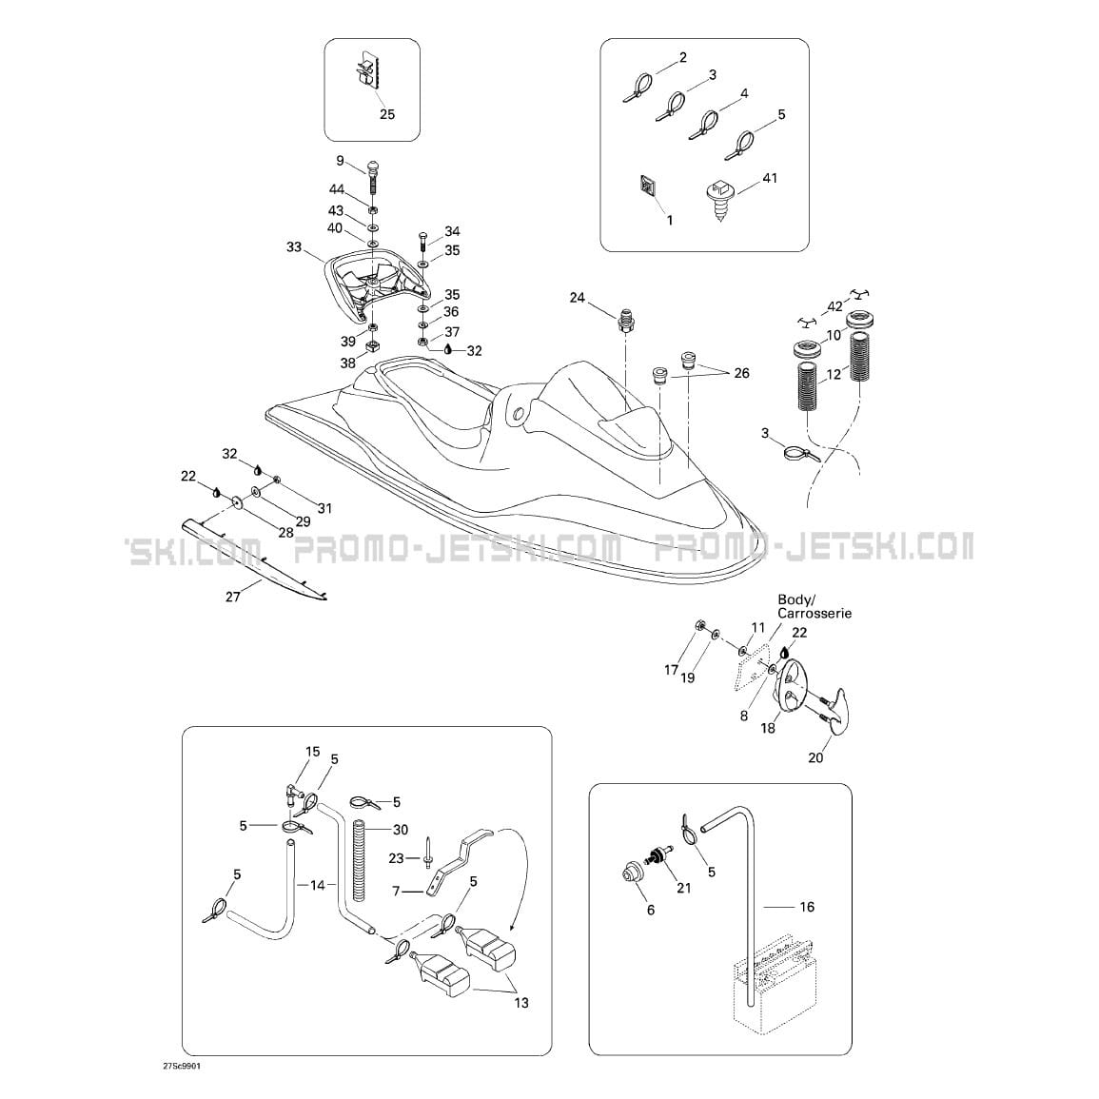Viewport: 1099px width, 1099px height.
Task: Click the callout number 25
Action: tap(387, 114)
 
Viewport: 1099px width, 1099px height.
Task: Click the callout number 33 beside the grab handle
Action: tap(294, 246)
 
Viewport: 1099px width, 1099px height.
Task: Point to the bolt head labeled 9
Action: tap(375, 168)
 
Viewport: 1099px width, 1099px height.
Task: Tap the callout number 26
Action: tap(741, 373)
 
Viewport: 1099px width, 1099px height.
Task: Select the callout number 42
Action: tap(834, 306)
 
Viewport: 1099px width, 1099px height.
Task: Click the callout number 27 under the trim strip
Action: tap(233, 597)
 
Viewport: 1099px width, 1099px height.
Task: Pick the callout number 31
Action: tap(324, 508)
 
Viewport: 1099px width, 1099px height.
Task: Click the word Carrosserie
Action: tap(814, 614)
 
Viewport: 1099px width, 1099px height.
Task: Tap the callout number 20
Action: tap(815, 757)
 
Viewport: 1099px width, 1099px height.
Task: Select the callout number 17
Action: tap(672, 670)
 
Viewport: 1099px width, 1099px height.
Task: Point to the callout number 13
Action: tap(521, 1003)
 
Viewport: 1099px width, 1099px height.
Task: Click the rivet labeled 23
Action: tap(426, 852)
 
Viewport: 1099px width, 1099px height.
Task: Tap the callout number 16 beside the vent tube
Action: tap(807, 907)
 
